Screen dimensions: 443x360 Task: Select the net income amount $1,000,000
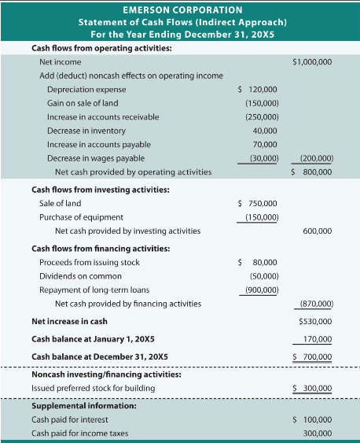pos(311,61)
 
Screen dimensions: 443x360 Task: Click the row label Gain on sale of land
pos(82,103)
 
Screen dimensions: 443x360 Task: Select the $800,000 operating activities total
pos(311,172)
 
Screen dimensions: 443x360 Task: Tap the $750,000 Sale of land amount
pos(257,204)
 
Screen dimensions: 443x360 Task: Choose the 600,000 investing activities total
pos(316,231)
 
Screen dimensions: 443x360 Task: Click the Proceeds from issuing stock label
pos(89,262)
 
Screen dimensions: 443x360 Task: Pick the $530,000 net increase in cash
pos(314,321)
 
